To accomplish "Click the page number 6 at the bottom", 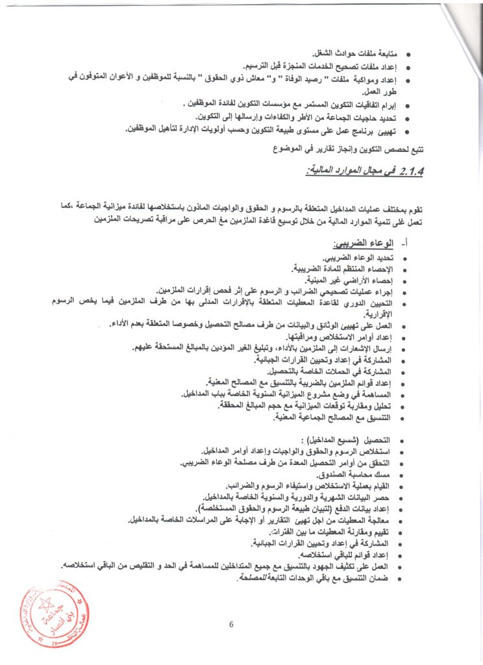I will [x=231, y=625].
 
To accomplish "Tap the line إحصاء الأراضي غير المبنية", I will [x=351, y=281].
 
